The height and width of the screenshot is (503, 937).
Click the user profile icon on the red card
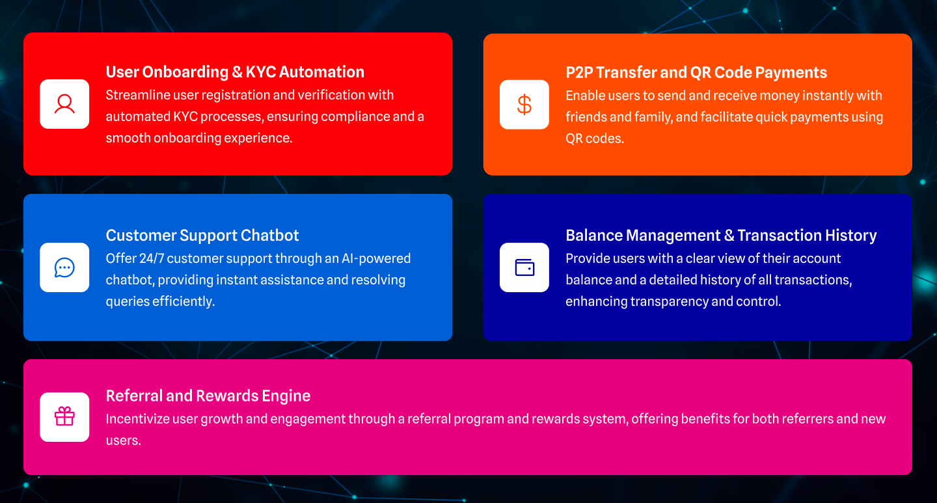[64, 104]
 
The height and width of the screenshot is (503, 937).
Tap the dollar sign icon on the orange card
[524, 105]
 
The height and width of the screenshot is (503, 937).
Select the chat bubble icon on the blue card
[64, 268]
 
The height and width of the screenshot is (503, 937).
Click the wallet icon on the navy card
[524, 268]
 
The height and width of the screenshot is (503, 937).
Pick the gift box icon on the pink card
[64, 416]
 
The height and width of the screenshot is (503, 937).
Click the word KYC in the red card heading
[260, 72]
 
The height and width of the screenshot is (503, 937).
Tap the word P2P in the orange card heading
[579, 72]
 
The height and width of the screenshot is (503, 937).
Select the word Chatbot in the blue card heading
[269, 235]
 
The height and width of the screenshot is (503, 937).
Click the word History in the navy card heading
[850, 236]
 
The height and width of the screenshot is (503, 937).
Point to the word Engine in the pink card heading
[286, 396]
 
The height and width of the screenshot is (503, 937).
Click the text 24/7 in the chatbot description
[152, 258]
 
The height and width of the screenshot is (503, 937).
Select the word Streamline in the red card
[138, 95]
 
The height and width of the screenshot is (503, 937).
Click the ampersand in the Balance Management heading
[729, 235]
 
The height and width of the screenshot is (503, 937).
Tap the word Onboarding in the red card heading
[185, 73]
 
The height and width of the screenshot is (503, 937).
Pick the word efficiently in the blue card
[183, 302]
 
